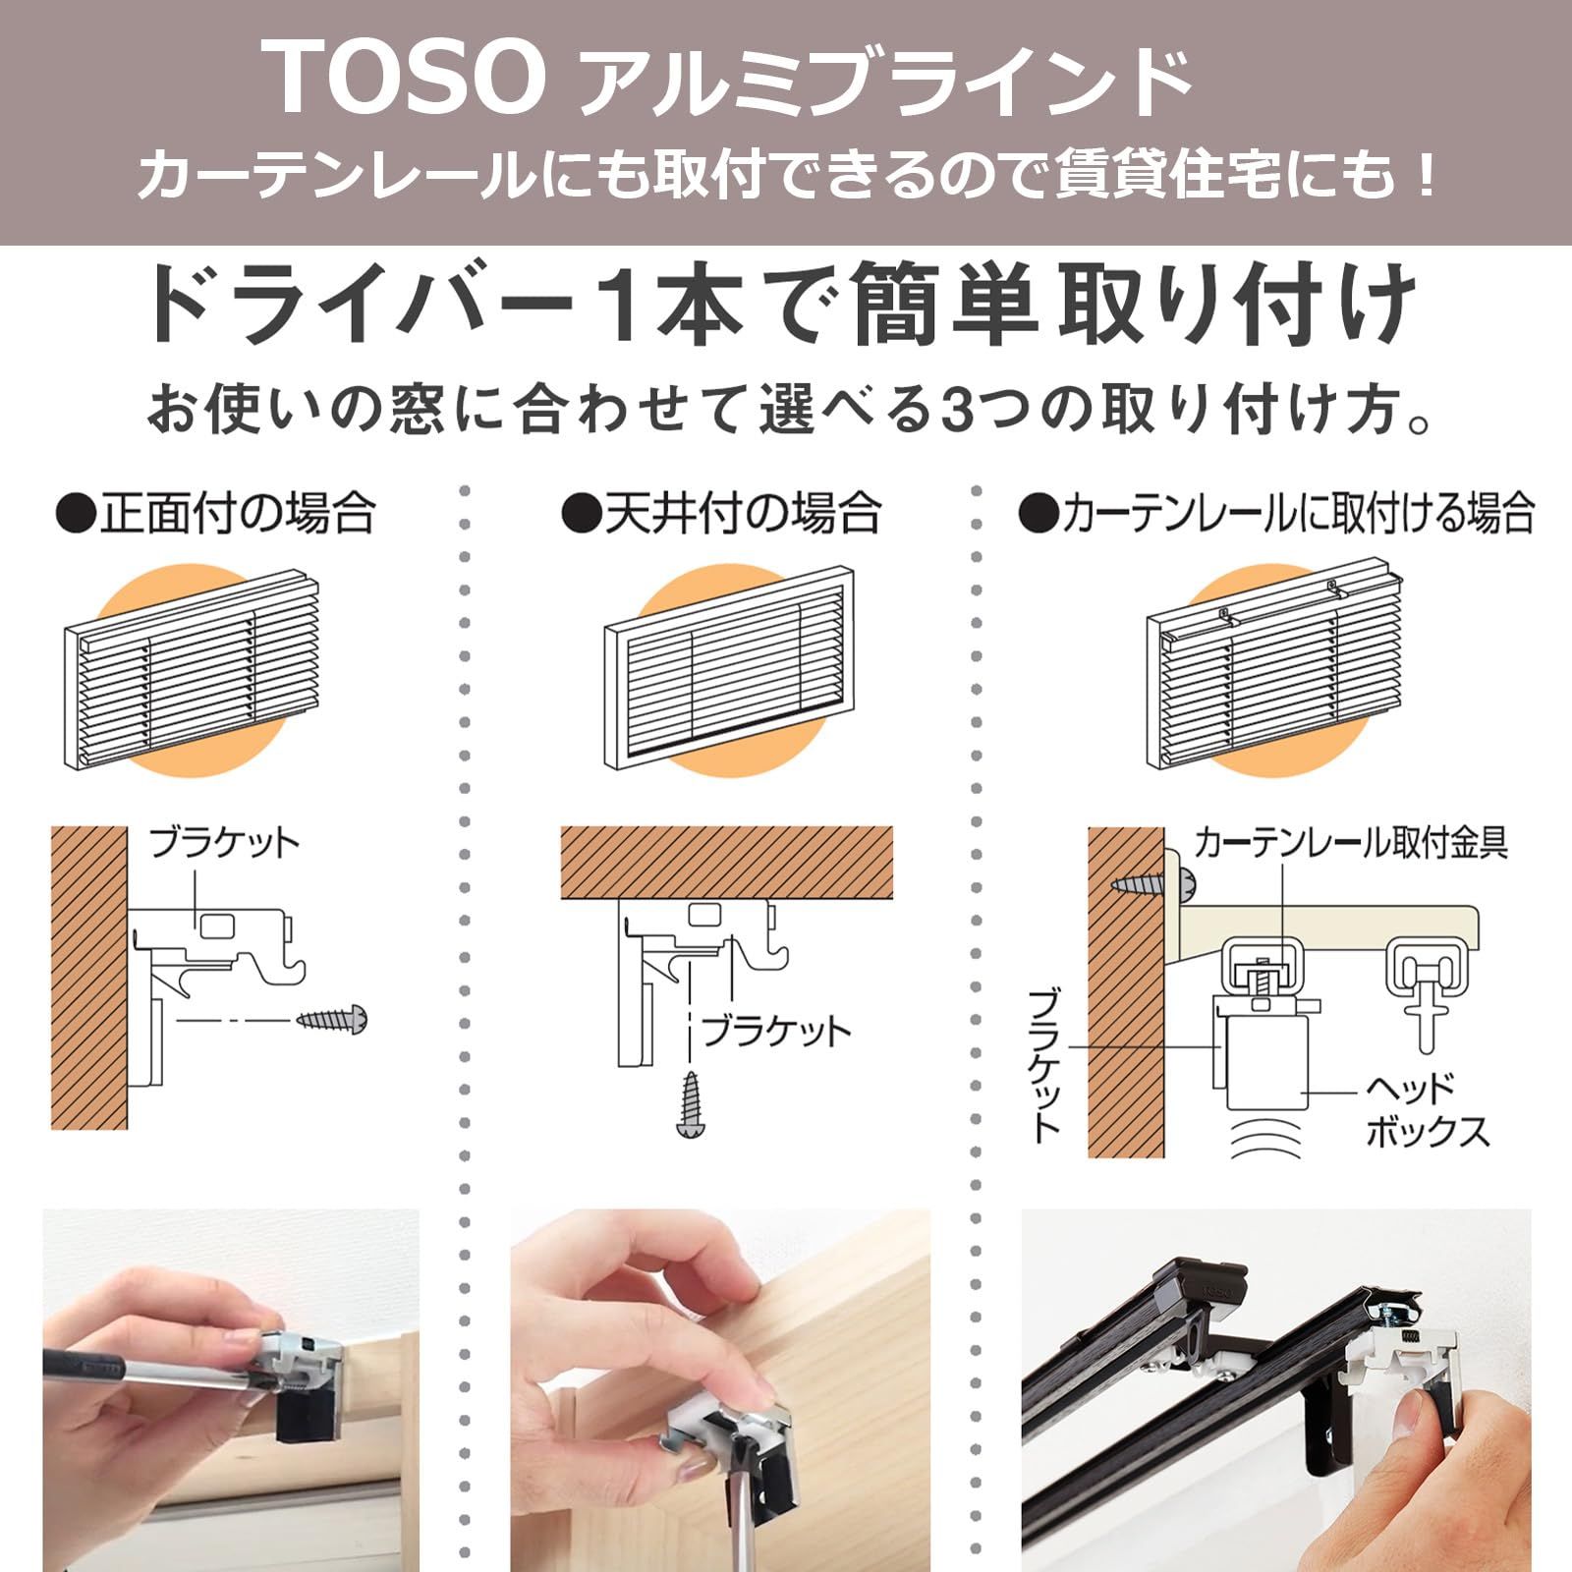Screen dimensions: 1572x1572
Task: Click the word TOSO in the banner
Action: pos(407,77)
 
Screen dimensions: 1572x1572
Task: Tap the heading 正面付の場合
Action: pos(216,514)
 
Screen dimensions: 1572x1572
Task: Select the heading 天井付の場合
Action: pos(720,514)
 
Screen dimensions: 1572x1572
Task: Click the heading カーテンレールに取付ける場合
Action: pos(1276,514)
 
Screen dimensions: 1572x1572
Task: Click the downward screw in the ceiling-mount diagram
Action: pos(692,1104)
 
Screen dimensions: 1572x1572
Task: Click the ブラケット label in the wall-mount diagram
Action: pos(223,843)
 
